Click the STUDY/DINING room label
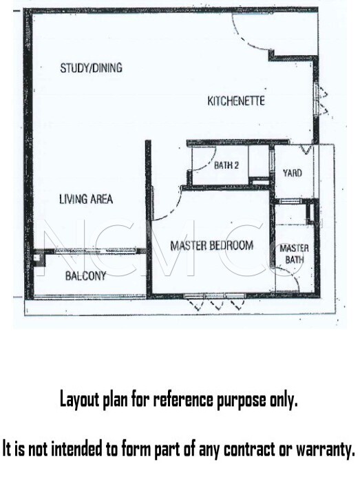91,67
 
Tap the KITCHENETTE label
236,101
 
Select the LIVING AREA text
86,199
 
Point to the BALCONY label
85,276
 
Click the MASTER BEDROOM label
211,245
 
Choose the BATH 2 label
226,165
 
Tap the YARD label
293,173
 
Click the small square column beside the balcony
39,257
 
